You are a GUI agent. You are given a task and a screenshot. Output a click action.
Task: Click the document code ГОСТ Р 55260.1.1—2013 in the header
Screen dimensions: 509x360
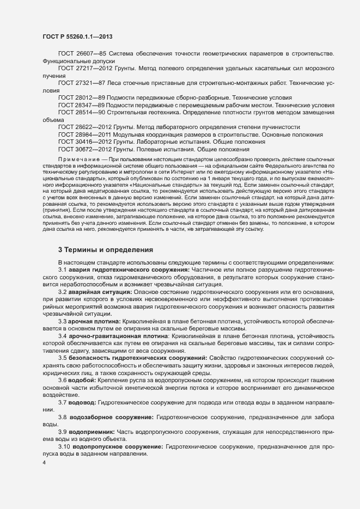pyautogui.click(x=77, y=36)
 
